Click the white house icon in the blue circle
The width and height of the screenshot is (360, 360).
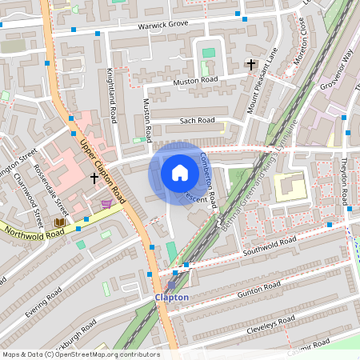point(180,173)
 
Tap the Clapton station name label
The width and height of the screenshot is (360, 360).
point(171,298)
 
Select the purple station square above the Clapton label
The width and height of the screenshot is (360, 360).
point(171,284)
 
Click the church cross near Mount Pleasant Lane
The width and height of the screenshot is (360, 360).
point(250,63)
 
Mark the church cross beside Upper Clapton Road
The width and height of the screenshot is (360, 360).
point(94,177)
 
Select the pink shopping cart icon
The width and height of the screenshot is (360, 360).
point(106,204)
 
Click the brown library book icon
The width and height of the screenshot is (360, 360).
point(59,222)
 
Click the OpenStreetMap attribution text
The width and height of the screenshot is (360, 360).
point(80,354)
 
